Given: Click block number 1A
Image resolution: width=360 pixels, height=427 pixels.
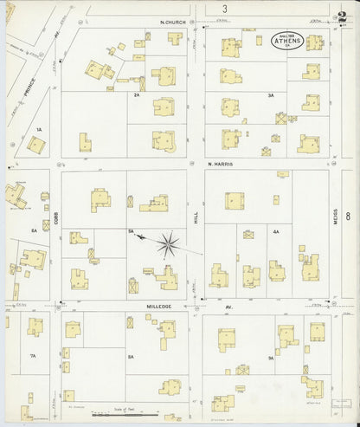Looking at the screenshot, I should (38, 129).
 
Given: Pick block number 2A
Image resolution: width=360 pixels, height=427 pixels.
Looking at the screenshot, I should (136, 95).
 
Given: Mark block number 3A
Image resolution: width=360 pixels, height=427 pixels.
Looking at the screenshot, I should (270, 95).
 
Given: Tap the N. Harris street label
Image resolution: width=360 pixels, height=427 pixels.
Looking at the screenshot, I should (222, 163).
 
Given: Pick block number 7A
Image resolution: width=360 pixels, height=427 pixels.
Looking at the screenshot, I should (33, 356).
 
